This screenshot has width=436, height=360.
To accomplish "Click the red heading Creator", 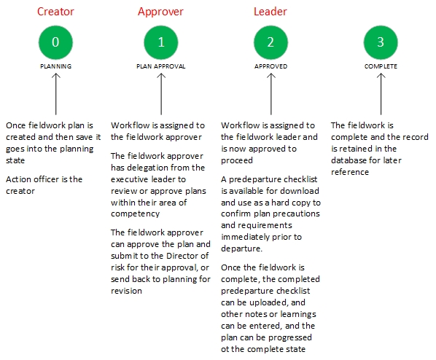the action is click(x=55, y=12).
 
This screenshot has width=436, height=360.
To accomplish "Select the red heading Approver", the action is click(x=160, y=12).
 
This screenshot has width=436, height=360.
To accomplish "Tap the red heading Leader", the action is click(x=270, y=12).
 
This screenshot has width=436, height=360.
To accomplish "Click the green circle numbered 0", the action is click(x=55, y=42).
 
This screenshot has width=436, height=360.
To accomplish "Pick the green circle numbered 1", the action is click(x=161, y=42).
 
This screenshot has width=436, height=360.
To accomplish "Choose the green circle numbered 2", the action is click(x=270, y=42).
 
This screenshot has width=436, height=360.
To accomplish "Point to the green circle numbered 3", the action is click(x=381, y=42).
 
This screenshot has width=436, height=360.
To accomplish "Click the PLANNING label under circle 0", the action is click(x=56, y=66).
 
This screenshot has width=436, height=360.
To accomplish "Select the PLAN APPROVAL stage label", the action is click(x=161, y=66).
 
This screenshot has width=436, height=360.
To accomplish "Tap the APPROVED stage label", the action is click(x=271, y=66).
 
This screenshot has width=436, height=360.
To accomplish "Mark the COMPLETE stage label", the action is click(x=381, y=66).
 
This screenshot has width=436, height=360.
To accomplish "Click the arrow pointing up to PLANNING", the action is click(x=56, y=94).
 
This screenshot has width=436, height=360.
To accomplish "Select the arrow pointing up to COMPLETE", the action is click(x=381, y=94).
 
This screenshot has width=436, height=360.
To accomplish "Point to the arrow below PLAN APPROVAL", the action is click(x=161, y=94).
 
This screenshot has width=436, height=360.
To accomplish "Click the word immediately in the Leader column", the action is click(x=245, y=237).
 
